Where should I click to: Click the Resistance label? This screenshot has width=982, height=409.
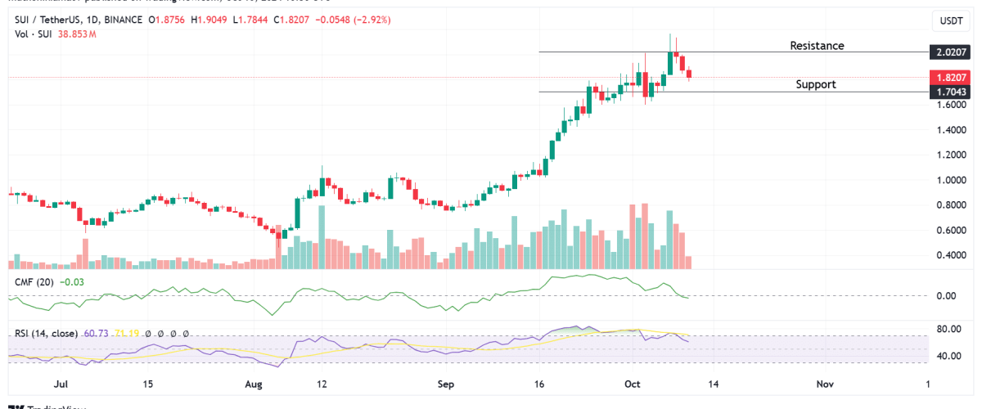(x=816, y=46)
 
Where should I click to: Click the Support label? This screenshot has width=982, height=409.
(x=816, y=84)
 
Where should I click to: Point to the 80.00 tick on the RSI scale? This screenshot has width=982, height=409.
(x=948, y=330)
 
